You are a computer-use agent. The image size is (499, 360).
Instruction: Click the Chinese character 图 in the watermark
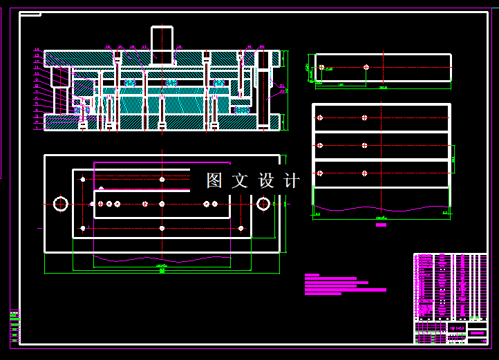(214, 181)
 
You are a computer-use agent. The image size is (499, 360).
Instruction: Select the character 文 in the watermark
(240, 181)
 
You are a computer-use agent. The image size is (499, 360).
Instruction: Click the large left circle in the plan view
(61, 204)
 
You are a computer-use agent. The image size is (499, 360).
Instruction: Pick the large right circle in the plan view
(263, 204)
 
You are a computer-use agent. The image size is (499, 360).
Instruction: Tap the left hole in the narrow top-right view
(321, 68)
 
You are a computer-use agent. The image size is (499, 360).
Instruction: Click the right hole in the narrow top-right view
(366, 68)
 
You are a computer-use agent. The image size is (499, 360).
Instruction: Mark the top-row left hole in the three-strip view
(320, 117)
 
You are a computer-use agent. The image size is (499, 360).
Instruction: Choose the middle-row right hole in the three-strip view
(364, 145)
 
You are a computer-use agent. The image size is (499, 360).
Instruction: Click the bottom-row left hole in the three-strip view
(320, 173)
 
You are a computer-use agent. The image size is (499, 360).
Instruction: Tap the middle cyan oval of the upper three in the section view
(172, 83)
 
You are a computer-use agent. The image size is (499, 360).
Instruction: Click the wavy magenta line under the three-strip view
(381, 208)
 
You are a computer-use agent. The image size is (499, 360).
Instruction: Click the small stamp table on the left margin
(15, 325)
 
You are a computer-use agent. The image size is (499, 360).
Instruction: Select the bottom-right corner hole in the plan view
(241, 228)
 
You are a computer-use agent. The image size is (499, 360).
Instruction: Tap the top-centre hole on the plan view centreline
(162, 180)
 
